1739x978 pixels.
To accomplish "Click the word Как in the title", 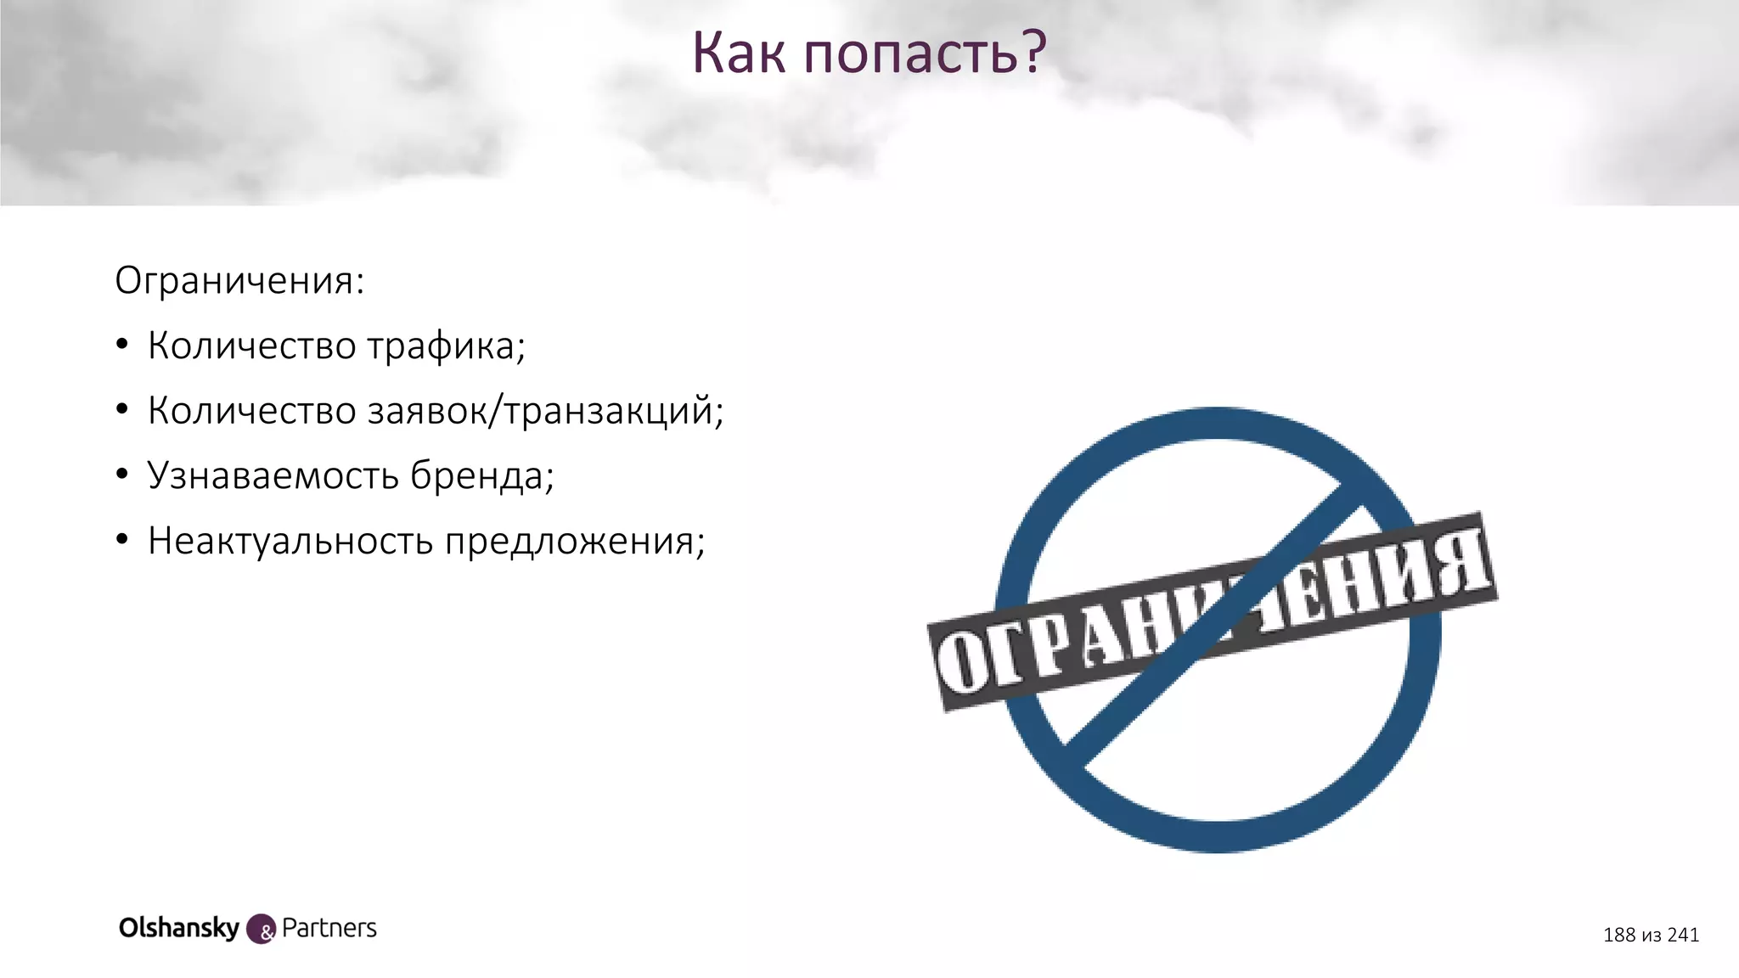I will pyautogui.click(x=739, y=53).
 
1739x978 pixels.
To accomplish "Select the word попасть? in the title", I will pyautogui.click(x=925, y=54).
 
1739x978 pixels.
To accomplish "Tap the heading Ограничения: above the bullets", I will pyautogui.click(x=239, y=281).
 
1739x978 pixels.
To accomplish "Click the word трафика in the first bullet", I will pyautogui.click(x=446, y=346).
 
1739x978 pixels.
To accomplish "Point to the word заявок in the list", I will pyautogui.click(x=433, y=412).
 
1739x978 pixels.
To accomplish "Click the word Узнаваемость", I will pyautogui.click(x=273, y=476).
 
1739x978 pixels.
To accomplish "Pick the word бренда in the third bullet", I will pyautogui.click(x=481, y=476).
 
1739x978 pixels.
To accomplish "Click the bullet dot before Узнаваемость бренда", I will pyautogui.click(x=122, y=475).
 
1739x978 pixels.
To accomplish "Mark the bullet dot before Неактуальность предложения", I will pyautogui.click(x=122, y=541).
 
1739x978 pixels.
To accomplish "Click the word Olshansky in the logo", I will pyautogui.click(x=179, y=928).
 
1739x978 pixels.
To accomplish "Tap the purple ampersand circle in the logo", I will pyautogui.click(x=262, y=930).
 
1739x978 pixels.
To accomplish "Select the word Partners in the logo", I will pyautogui.click(x=329, y=929).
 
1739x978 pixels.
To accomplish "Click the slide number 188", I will pyautogui.click(x=1618, y=935).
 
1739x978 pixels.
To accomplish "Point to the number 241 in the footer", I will pyautogui.click(x=1683, y=935).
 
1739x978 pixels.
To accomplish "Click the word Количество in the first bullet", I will pyautogui.click(x=252, y=346).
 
